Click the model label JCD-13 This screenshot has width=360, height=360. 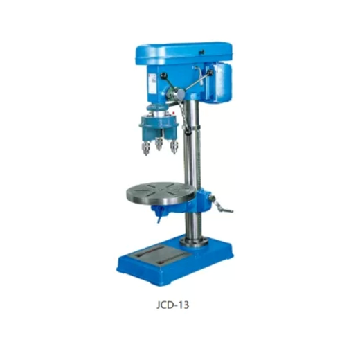(x=172, y=305)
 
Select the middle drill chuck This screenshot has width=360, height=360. (x=159, y=144)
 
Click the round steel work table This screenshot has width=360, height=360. (x=161, y=194)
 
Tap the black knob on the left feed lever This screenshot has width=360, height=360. (x=163, y=75)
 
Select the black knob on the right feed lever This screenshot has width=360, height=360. (x=210, y=73)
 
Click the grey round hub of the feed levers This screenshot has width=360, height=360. (x=181, y=93)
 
